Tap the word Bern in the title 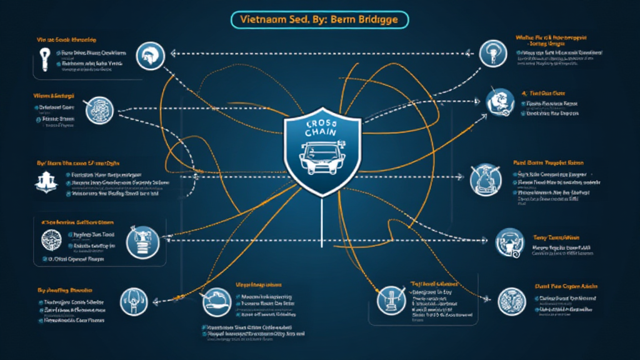pos(339,19)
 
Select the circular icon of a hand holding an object pos(214,301)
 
